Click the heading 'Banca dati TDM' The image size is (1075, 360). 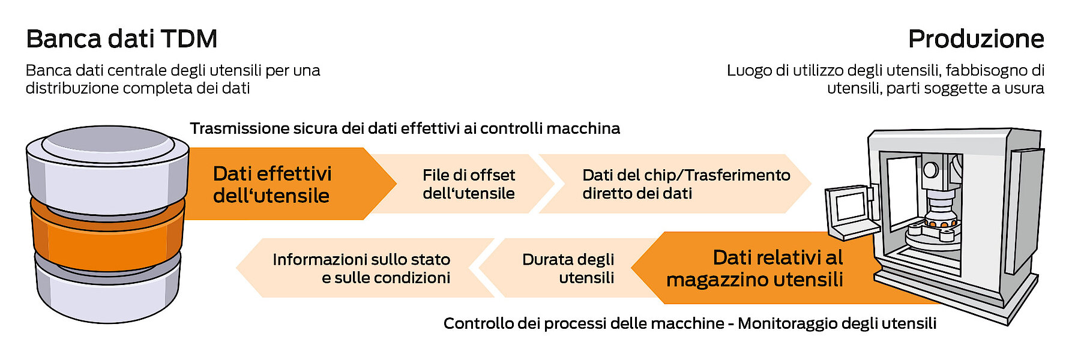point(121,39)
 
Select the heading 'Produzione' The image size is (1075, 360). point(976,39)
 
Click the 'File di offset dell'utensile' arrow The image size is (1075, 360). point(468,184)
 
